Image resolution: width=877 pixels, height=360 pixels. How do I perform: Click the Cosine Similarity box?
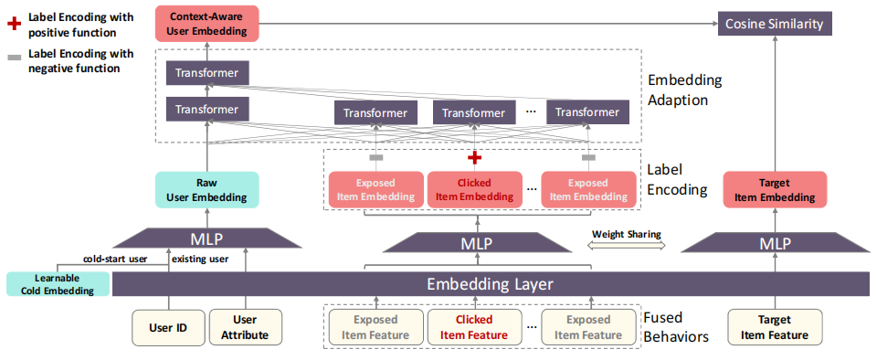[x=774, y=24]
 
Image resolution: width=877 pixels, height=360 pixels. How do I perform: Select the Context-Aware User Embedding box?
[x=207, y=23]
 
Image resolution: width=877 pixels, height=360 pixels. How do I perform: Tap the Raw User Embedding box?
[x=207, y=189]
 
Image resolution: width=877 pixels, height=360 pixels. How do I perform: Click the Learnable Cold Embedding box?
[x=58, y=284]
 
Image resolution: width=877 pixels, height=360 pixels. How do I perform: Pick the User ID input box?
[x=168, y=328]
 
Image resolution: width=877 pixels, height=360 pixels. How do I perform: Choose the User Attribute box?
[x=245, y=328]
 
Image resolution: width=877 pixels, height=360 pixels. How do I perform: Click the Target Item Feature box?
[x=775, y=328]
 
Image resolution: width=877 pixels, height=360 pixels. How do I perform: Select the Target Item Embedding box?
[x=775, y=189]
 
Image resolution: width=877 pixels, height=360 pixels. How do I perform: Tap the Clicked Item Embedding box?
[x=474, y=189]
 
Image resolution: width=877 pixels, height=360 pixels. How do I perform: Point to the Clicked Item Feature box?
[x=474, y=328]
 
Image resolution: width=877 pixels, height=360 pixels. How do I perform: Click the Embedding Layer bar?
[x=490, y=284]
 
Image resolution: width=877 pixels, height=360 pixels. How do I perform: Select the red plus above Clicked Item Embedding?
[x=474, y=158]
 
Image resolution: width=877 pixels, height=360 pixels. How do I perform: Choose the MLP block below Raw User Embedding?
[x=207, y=239]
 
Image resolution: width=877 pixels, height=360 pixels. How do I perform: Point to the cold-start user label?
[x=115, y=259]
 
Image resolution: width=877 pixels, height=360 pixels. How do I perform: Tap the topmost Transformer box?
[x=207, y=73]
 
